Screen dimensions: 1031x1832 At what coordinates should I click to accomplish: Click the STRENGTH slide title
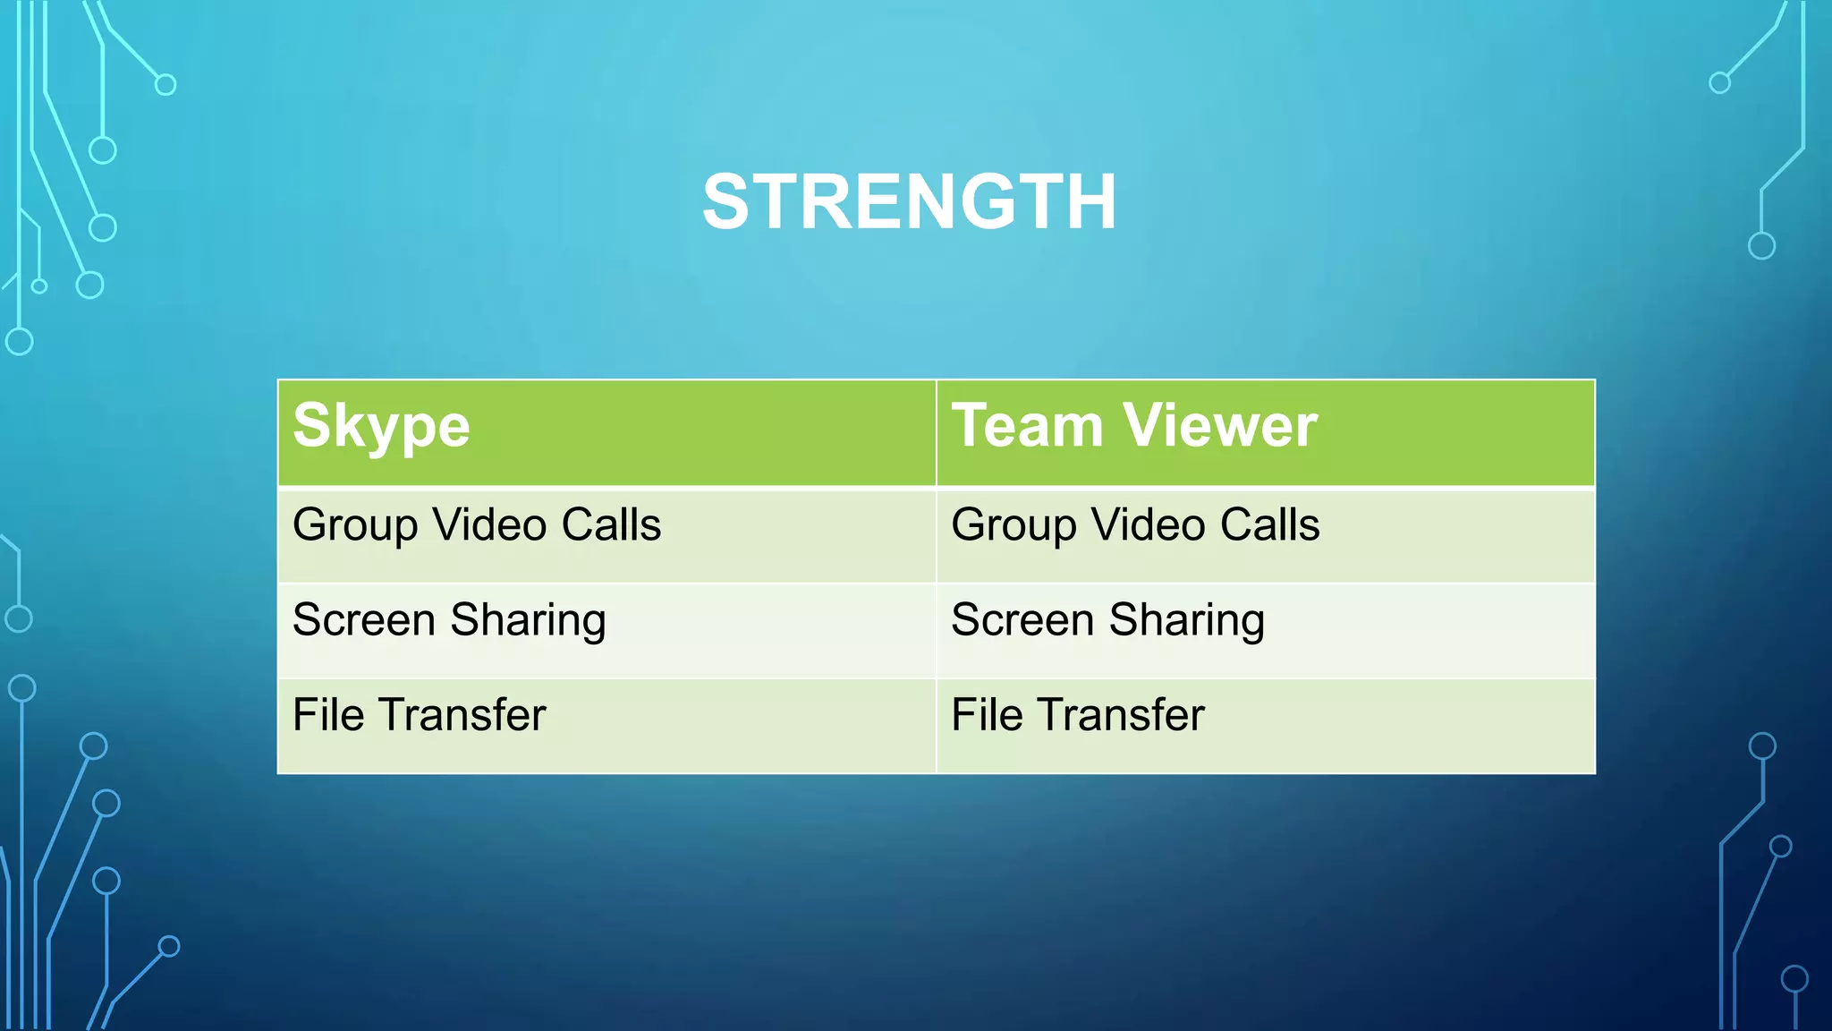tap(910, 202)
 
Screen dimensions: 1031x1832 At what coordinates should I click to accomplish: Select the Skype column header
tap(381, 426)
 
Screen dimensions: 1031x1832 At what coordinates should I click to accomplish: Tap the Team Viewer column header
tap(1133, 426)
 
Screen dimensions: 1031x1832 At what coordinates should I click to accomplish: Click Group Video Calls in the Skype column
tap(477, 525)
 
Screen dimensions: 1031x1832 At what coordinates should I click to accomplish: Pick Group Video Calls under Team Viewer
tap(1135, 525)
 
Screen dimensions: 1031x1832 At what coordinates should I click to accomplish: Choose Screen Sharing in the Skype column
tap(449, 620)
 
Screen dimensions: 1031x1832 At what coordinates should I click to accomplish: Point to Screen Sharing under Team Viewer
tap(1107, 620)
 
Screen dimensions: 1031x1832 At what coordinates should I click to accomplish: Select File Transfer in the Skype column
tap(419, 715)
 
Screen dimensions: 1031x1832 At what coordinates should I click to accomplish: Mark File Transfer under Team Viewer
tap(1077, 715)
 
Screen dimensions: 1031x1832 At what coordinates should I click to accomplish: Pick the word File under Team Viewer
tap(987, 715)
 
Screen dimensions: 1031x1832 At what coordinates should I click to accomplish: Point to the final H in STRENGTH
tap(1089, 202)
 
